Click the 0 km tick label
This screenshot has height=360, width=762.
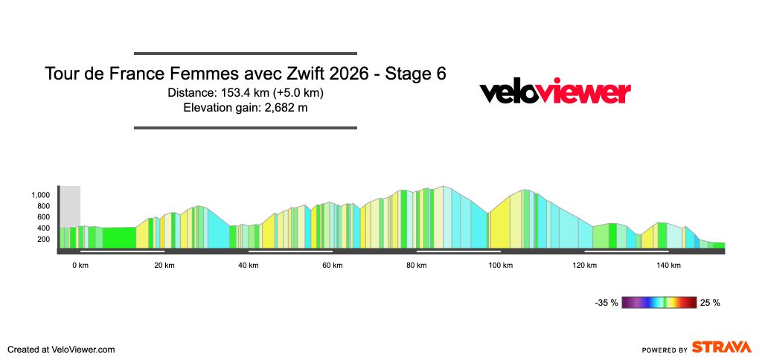coord(80,266)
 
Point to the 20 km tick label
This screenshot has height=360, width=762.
coord(164,266)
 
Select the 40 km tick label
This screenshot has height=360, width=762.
coord(249,266)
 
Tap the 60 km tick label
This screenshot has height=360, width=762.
coord(333,266)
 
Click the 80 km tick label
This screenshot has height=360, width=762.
coord(417,266)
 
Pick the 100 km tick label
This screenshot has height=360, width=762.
coord(501,266)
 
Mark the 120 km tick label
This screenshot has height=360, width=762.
coord(585,266)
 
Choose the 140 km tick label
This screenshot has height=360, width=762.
coord(669,266)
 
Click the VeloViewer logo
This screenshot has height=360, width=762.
coord(555,92)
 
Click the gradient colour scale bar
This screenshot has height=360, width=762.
coord(659,303)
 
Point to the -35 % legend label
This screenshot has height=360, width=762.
coord(606,303)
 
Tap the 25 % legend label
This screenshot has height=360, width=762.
coord(711,303)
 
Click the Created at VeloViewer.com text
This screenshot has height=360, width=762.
coord(61,349)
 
